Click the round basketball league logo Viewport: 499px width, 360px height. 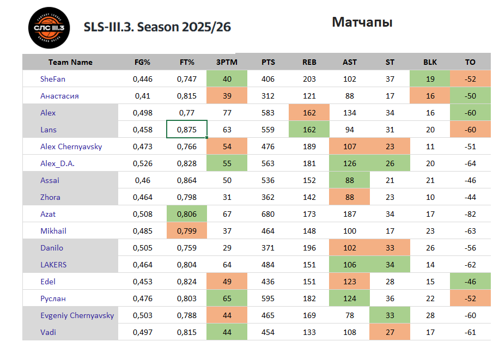click(49, 28)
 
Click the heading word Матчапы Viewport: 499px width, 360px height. click(362, 22)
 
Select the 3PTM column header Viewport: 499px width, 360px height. click(226, 62)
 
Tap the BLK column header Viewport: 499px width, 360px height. click(430, 62)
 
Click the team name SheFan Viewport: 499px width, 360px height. click(53, 79)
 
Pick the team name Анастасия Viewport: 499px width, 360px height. click(59, 96)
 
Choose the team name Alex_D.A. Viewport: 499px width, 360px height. click(57, 163)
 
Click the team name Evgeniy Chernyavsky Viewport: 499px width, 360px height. click(77, 315)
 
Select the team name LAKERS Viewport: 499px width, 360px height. click(53, 265)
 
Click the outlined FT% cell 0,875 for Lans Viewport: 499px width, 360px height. click(187, 130)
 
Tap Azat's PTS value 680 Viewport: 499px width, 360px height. click(268, 214)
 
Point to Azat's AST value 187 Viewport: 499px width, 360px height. click(350, 214)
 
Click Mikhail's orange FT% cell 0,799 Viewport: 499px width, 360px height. click(187, 231)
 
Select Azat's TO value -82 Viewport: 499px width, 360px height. click(470, 214)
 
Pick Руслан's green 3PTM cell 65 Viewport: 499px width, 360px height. click(226, 298)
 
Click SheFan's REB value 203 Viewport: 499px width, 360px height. click(309, 79)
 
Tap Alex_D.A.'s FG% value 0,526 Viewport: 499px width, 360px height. click(143, 163)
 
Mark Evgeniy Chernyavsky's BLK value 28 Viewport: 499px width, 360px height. click(430, 315)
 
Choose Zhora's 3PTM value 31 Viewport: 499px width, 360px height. click(226, 197)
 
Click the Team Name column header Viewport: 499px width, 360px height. click(70, 62)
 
